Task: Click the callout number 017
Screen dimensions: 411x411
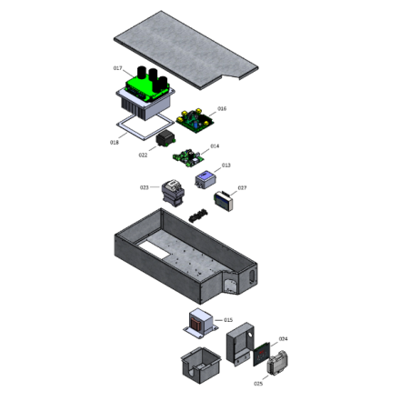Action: [117, 68]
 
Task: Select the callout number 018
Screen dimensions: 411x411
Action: [115, 143]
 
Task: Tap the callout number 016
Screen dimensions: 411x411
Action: [222, 109]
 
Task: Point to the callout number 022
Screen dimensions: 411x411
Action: [144, 155]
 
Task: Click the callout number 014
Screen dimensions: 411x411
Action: [215, 145]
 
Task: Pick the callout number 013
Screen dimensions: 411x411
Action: [226, 165]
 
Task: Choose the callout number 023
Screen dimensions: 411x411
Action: [144, 188]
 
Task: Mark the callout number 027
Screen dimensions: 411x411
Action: [242, 188]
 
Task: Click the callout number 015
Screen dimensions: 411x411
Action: [228, 320]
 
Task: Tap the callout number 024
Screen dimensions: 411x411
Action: [283, 339]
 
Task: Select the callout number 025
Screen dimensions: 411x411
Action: [258, 384]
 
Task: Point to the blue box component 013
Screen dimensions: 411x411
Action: [205, 177]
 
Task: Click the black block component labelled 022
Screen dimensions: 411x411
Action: [167, 140]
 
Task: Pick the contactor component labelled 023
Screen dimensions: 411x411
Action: [170, 194]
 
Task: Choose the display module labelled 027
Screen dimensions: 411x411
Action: [224, 201]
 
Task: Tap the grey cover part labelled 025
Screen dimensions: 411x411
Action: [278, 365]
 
